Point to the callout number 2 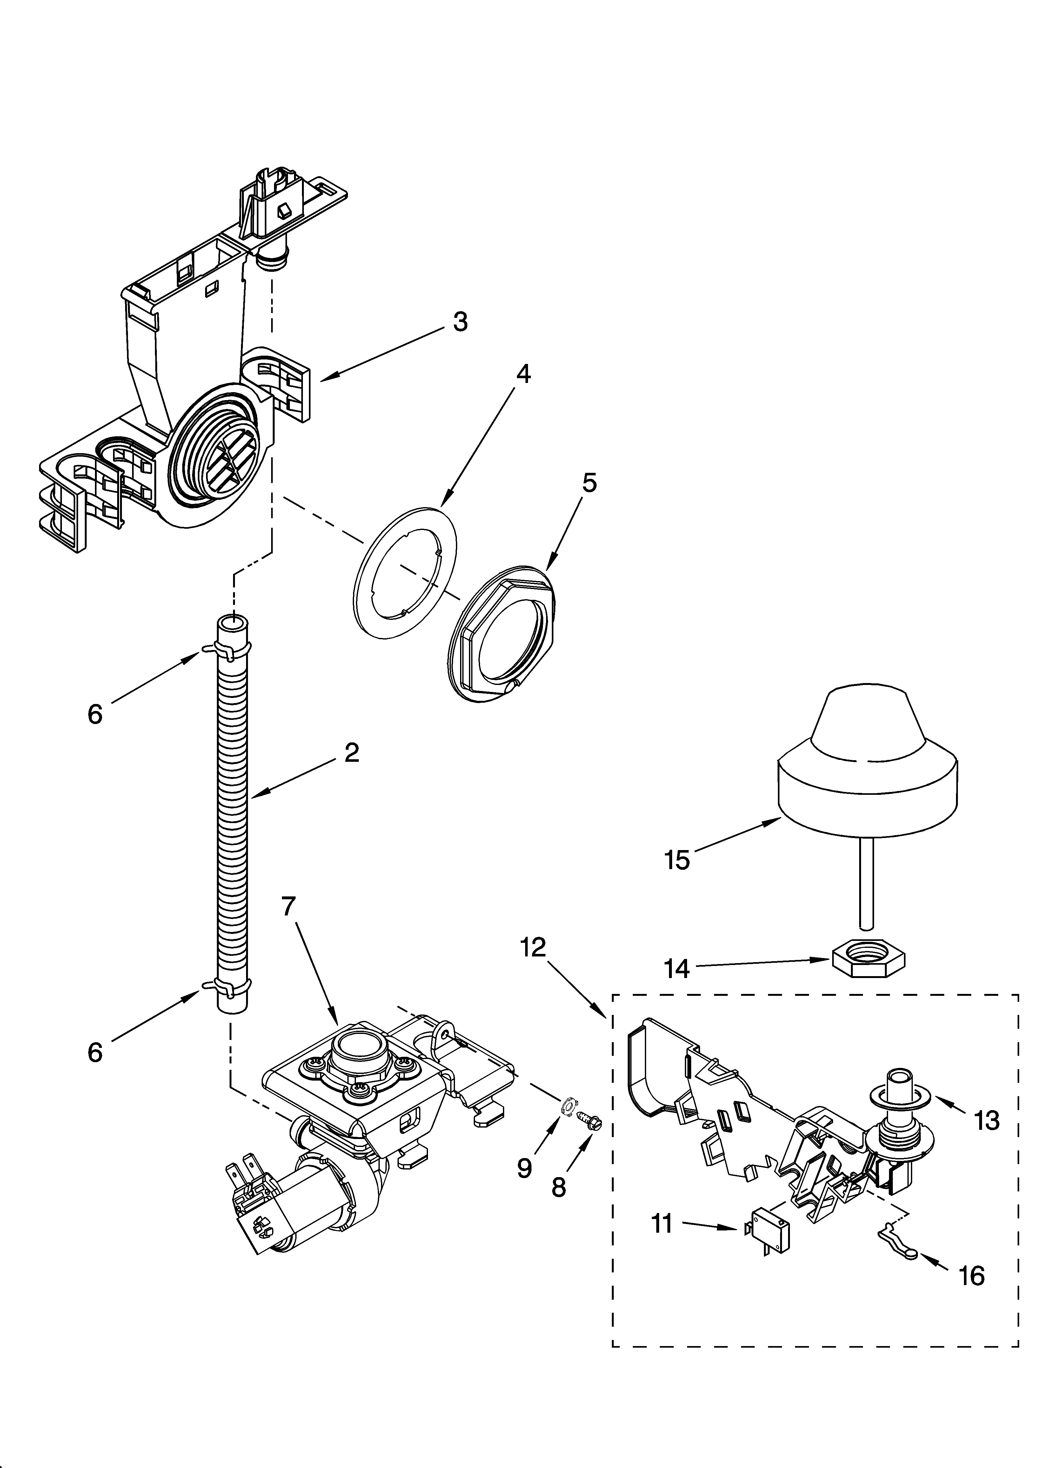[x=351, y=752]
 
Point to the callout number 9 [x=525, y=1167]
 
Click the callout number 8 [x=558, y=1187]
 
